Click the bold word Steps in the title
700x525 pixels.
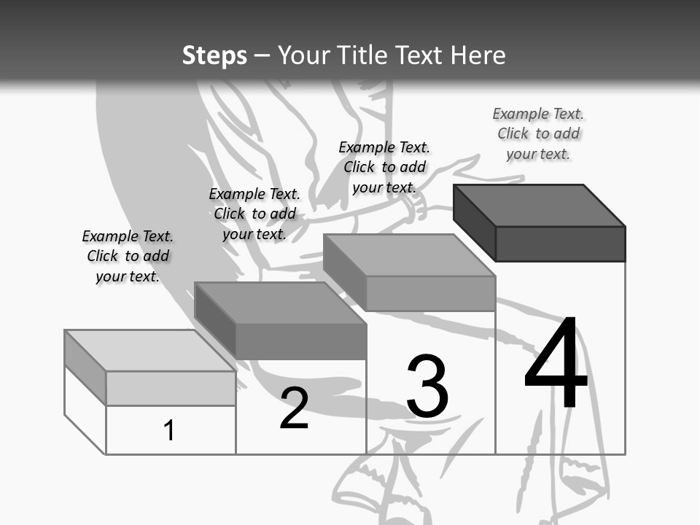[214, 56]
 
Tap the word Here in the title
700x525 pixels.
[478, 55]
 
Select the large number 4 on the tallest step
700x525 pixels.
[556, 362]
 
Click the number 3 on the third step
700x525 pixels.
[427, 386]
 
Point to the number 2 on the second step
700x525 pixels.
[294, 408]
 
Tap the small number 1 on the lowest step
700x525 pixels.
[168, 430]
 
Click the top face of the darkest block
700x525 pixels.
[540, 206]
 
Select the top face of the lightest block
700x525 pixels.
[150, 351]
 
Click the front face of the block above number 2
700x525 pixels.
[301, 341]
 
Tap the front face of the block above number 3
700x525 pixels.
[431, 293]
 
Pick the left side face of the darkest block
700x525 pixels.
[475, 222]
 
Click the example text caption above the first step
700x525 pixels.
[128, 256]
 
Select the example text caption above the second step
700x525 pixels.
[254, 214]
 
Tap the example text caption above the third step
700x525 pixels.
[384, 167]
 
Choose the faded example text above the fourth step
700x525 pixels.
[538, 133]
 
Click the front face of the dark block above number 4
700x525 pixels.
[561, 244]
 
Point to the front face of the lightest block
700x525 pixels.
[171, 389]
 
